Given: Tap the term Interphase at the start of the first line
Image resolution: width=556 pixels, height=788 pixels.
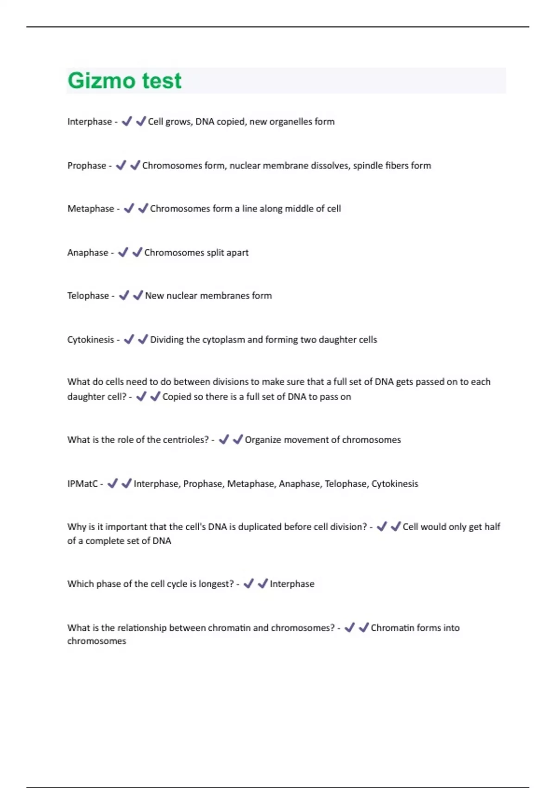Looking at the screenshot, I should click(x=89, y=121).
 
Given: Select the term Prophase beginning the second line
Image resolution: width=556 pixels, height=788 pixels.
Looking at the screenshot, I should click(x=87, y=165).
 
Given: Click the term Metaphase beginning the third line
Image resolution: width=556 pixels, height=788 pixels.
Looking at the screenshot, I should click(x=90, y=209).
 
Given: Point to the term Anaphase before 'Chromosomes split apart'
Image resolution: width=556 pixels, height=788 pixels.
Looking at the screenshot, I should click(x=88, y=253).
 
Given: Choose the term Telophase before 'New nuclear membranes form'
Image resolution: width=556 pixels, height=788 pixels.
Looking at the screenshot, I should click(x=88, y=296).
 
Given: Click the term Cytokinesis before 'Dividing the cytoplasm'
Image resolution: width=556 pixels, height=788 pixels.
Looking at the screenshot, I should click(x=90, y=340).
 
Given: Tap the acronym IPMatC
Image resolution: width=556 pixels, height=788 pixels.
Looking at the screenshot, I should click(x=82, y=484).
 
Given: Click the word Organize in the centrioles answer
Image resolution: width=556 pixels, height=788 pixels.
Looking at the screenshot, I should click(x=263, y=440).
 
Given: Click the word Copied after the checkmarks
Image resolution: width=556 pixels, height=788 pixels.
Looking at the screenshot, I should click(x=177, y=397).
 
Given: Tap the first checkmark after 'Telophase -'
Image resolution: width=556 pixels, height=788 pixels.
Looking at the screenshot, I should click(x=124, y=295).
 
